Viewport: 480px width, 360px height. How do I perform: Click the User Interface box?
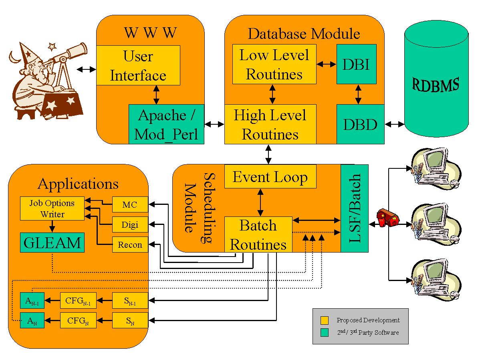click(x=138, y=65)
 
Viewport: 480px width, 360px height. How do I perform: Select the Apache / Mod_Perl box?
click(x=166, y=124)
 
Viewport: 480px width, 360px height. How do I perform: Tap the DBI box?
click(x=356, y=64)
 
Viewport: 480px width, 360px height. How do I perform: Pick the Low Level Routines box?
click(x=274, y=64)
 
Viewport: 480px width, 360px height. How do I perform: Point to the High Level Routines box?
click(x=270, y=124)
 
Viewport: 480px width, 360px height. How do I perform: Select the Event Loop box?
click(x=270, y=176)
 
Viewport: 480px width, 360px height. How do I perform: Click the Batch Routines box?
click(x=258, y=234)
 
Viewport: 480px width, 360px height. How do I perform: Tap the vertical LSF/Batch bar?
click(x=354, y=208)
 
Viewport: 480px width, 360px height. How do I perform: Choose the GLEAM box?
click(x=52, y=242)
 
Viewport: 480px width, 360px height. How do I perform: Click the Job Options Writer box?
click(x=52, y=208)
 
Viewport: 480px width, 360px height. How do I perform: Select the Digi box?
click(x=130, y=224)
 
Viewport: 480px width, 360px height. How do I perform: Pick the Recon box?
click(x=130, y=245)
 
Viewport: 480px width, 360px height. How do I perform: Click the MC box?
click(x=130, y=205)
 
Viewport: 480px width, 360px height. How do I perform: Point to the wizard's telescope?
click(x=70, y=54)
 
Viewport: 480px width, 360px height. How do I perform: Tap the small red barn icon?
click(x=388, y=218)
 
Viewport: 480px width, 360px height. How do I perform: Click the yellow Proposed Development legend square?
click(x=325, y=320)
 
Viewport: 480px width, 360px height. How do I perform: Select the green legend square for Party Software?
click(x=325, y=332)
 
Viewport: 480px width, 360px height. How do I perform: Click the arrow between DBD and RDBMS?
click(x=395, y=125)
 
